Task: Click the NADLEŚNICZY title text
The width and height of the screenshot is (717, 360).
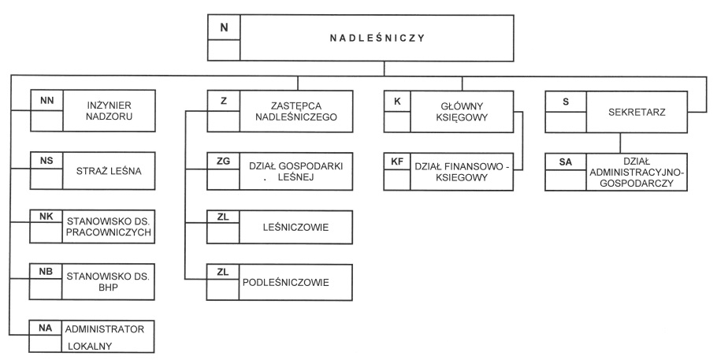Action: coord(377,39)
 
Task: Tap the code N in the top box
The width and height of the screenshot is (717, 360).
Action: coord(224,28)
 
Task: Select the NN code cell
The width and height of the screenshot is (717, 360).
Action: coord(46,101)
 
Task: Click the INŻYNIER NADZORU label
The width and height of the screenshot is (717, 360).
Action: coord(110,111)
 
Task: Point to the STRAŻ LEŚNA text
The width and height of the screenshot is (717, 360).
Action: coord(109,171)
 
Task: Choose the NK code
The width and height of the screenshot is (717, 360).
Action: coord(46,217)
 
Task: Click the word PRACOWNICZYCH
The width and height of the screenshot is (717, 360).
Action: coord(109,232)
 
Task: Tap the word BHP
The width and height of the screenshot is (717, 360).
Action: coord(108,288)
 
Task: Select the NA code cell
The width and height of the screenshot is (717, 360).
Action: coord(45,328)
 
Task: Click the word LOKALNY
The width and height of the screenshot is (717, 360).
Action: coord(90,347)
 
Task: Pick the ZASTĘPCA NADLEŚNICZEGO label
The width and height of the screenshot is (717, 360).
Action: coord(295,111)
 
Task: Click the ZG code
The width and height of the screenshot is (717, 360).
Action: coord(223,161)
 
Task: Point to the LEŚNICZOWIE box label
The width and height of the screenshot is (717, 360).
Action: coord(295,228)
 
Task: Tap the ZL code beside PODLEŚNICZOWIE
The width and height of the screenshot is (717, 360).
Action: coord(223,273)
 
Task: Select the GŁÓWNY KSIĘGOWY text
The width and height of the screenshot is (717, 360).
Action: coord(462,112)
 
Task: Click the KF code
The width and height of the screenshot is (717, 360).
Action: coord(397,161)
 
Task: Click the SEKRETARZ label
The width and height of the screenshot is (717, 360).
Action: coord(637,112)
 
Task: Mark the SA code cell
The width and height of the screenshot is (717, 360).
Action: coord(566,161)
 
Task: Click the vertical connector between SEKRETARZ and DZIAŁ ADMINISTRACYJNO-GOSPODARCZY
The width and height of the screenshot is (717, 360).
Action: coord(620,143)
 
